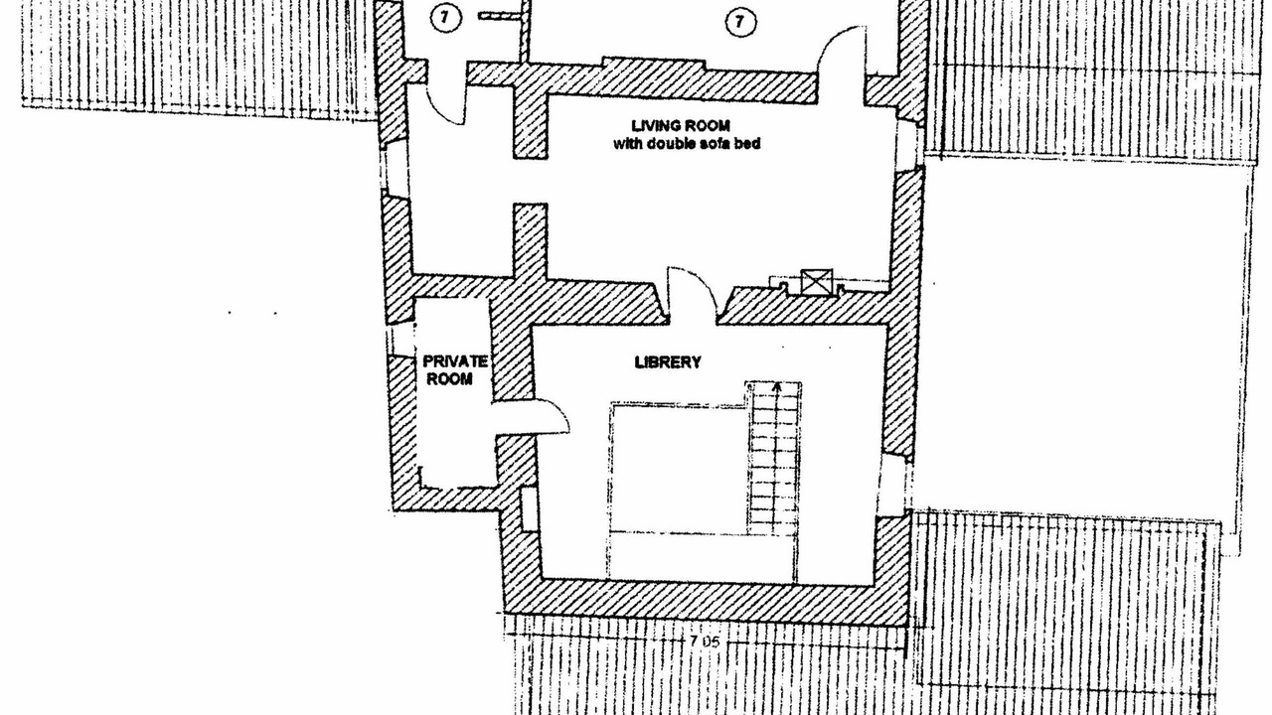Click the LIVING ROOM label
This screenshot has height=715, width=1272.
click(x=681, y=125)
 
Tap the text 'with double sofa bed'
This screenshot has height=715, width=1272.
click(x=687, y=144)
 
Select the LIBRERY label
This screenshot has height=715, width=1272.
click(x=668, y=362)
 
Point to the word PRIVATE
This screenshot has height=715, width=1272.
click(x=455, y=361)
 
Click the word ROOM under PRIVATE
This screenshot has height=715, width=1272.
click(x=450, y=379)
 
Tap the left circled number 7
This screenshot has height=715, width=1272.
click(x=446, y=17)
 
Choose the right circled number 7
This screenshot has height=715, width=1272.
click(x=740, y=22)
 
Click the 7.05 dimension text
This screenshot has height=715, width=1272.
click(x=705, y=642)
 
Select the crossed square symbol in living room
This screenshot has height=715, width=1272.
click(x=817, y=282)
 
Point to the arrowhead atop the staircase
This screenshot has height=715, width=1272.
click(x=776, y=386)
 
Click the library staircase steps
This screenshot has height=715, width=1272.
click(x=773, y=459)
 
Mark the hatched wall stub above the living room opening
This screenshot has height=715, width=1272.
click(x=531, y=121)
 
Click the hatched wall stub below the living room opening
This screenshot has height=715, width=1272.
click(x=531, y=241)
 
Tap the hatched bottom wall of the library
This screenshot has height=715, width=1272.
click(x=706, y=602)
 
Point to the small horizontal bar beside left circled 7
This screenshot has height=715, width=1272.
click(x=500, y=17)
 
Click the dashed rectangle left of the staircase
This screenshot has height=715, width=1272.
click(x=678, y=468)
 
